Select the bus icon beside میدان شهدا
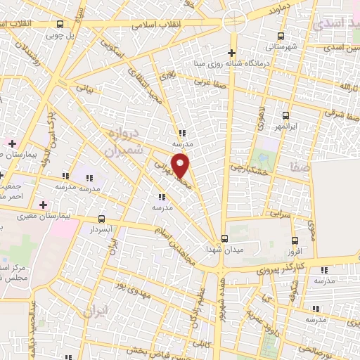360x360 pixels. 224,238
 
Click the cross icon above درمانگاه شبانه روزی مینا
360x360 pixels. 232,53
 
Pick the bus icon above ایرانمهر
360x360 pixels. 285,115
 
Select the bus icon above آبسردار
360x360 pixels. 102,219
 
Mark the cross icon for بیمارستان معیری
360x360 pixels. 44,205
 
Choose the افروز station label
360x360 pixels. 294,250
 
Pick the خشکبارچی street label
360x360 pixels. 250,169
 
